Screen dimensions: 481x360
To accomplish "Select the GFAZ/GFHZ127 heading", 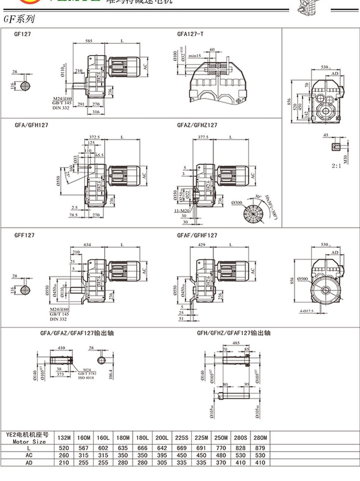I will point(197,125).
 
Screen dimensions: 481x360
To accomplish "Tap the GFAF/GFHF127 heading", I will point(197,235).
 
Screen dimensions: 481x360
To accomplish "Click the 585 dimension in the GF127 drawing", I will point(89,42).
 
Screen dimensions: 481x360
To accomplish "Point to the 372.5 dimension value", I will point(95,137).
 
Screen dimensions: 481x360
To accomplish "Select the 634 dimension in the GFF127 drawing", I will point(87,245).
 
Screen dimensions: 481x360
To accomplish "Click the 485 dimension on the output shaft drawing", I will point(235,343).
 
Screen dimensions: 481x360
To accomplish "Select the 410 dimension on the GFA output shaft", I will point(61,348).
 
